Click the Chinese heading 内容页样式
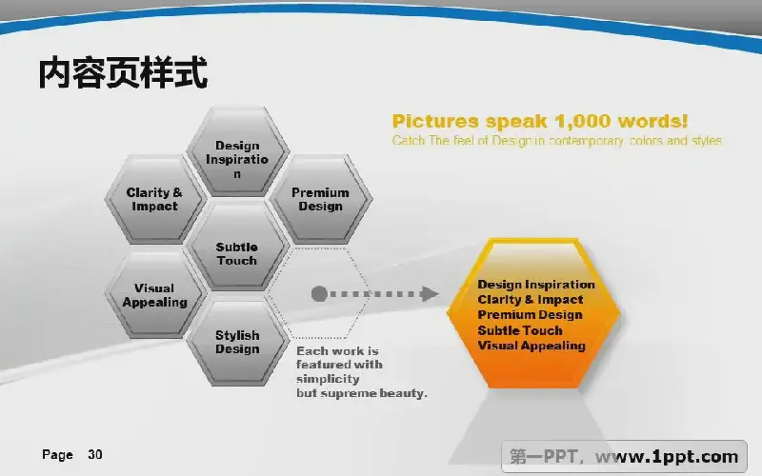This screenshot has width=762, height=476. tap(123, 73)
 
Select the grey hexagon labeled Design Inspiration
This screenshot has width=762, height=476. tap(237, 151)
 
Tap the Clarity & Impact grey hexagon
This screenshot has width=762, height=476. tap(154, 199)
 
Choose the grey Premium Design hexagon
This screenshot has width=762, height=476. tap(320, 199)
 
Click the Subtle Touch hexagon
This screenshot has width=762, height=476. tap(237, 247)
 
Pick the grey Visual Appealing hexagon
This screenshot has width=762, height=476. tap(154, 294)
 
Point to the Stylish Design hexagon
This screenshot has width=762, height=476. tap(237, 342)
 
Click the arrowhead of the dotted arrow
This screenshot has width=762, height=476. tap(430, 294)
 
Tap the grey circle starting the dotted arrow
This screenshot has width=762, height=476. tap(319, 294)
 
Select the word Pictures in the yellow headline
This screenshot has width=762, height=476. tap(435, 122)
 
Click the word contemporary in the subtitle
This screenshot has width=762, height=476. tap(586, 141)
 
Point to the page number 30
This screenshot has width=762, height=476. tap(94, 455)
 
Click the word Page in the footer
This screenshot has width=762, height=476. tap(57, 455)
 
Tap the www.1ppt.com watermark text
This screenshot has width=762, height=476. tap(666, 457)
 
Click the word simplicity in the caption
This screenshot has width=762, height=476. tap(328, 379)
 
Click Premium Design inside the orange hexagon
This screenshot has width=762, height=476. tap(530, 315)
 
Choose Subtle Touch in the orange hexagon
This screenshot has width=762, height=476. tap(520, 330)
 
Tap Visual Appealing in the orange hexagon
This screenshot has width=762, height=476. tap(531, 346)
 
